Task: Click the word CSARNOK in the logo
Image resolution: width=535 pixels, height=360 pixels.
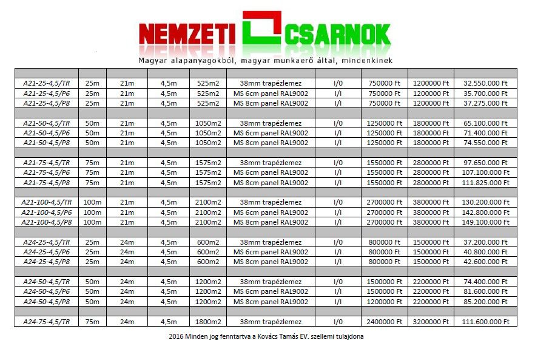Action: [336, 35]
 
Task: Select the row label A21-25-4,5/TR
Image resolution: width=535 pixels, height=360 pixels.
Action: [46, 83]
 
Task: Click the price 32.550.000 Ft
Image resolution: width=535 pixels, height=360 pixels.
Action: [485, 83]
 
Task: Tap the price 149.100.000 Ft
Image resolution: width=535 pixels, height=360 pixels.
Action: [485, 222]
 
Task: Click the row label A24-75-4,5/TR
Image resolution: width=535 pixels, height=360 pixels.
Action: [46, 321]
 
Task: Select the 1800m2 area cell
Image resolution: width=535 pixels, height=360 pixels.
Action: [208, 321]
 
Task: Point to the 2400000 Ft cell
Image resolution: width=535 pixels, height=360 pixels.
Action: [384, 321]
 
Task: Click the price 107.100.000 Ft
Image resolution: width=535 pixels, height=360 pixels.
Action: [485, 172]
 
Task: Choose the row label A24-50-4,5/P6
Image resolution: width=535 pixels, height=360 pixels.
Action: [46, 291]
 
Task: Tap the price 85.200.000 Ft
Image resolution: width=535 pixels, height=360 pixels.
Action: [485, 302]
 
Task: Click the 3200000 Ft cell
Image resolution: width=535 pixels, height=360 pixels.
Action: [431, 321]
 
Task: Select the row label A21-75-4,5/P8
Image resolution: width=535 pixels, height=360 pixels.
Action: [46, 183]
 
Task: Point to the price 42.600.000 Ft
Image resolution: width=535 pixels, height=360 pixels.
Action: [485, 262]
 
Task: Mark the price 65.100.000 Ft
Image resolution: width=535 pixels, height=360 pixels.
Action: [485, 123]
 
